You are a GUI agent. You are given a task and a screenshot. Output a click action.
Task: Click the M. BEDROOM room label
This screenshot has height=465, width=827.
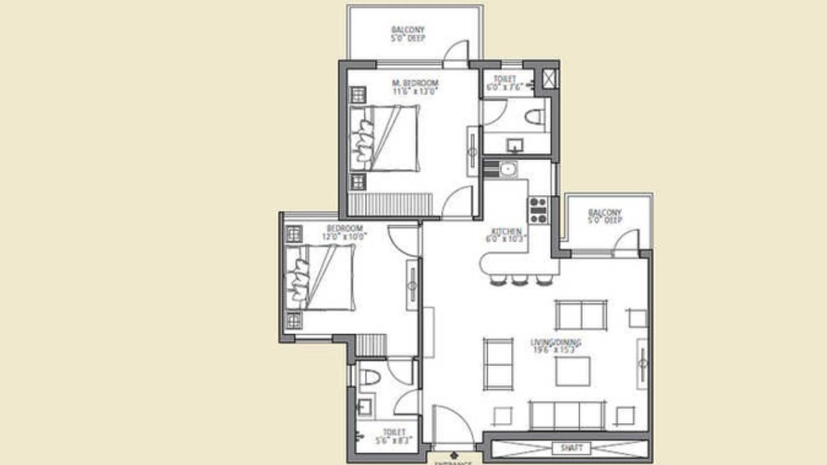416,83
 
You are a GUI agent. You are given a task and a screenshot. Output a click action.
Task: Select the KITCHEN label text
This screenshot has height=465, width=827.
507,231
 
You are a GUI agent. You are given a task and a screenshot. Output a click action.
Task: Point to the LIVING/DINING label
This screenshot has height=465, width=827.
556,342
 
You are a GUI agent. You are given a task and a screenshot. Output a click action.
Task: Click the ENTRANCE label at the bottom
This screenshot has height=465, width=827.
452,462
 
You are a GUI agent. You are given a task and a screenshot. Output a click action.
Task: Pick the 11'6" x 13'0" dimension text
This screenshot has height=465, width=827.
416,92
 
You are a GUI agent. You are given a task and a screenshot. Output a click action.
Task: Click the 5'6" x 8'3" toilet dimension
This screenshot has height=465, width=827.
394,441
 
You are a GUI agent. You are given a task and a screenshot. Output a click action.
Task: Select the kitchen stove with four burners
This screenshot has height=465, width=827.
538,210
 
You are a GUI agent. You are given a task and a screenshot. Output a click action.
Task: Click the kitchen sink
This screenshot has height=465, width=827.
508,169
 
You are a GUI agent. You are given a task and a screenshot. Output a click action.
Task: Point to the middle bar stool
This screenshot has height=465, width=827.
520,280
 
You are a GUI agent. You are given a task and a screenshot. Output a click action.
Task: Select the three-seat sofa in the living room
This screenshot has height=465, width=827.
567,415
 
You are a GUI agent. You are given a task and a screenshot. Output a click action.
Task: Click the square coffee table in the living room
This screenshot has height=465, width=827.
573,371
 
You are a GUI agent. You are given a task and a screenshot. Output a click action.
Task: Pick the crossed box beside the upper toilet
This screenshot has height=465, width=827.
550,79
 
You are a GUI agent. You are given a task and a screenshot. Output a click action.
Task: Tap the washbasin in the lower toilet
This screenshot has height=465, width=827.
364,407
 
